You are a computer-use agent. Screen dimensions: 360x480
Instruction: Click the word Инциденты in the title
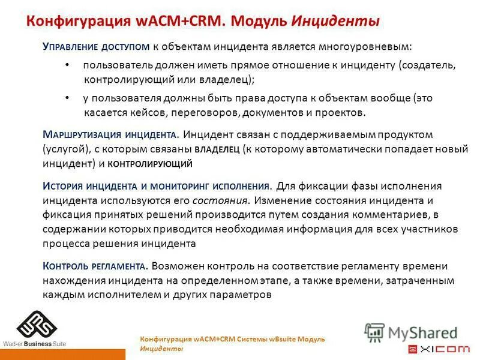click(335, 22)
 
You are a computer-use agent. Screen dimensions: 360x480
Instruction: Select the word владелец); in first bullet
click(227, 79)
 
